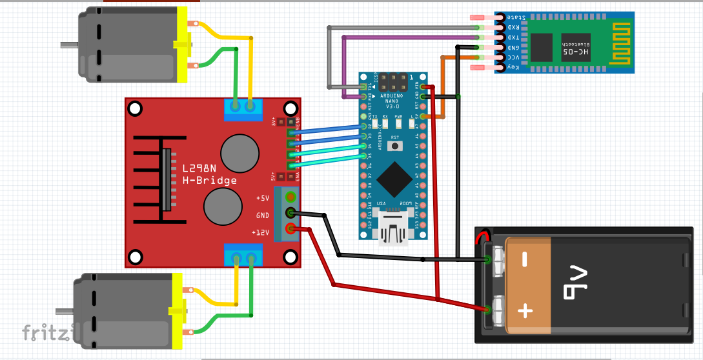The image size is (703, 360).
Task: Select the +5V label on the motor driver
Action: point(263,198)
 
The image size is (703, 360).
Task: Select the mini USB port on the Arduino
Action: point(394,230)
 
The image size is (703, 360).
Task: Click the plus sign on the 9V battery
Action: point(525,312)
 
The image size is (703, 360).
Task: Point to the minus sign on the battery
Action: point(525,260)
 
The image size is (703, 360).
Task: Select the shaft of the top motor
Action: point(69,45)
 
